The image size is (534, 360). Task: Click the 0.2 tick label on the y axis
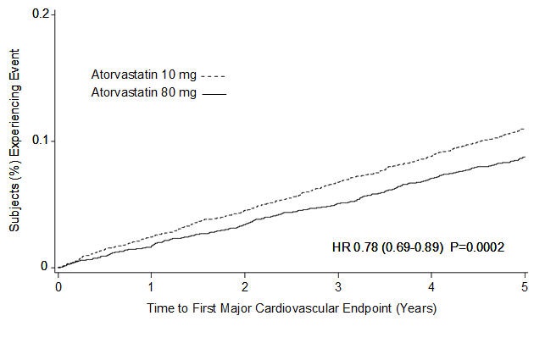click(39, 14)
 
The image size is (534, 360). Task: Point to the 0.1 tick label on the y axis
click(39, 140)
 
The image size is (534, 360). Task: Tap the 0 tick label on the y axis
click(44, 266)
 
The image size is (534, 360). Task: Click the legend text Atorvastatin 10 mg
click(142, 74)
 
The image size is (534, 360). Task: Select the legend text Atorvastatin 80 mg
click(142, 91)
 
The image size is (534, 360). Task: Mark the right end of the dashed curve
click(525, 129)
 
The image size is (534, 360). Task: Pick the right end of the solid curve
click(525, 157)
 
